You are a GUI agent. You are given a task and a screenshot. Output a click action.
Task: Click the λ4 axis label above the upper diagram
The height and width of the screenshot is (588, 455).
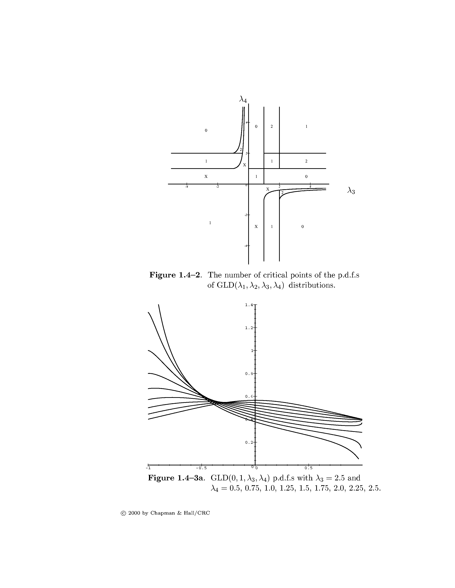click(x=243, y=100)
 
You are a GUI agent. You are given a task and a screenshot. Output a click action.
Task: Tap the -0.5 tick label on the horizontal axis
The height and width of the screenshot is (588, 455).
click(x=201, y=467)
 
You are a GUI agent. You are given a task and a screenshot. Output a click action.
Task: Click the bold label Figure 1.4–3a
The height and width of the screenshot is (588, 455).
click(x=176, y=478)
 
